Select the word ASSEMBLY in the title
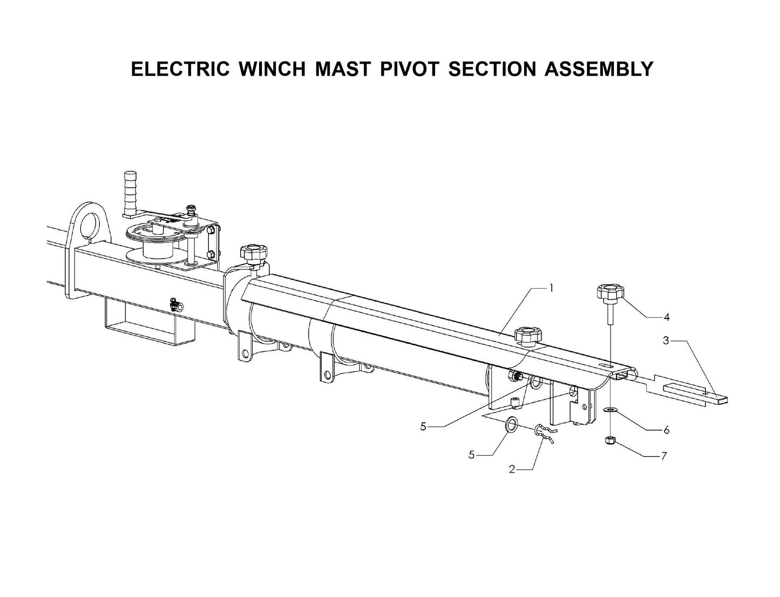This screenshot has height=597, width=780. (x=599, y=69)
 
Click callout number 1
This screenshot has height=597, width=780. (x=551, y=288)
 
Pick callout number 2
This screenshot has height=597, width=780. (x=512, y=470)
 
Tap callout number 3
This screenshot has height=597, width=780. (x=666, y=341)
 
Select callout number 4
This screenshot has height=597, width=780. (x=667, y=316)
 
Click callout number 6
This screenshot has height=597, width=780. (x=666, y=430)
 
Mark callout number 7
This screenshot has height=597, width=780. (x=663, y=456)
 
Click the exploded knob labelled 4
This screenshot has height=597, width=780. (x=610, y=295)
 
